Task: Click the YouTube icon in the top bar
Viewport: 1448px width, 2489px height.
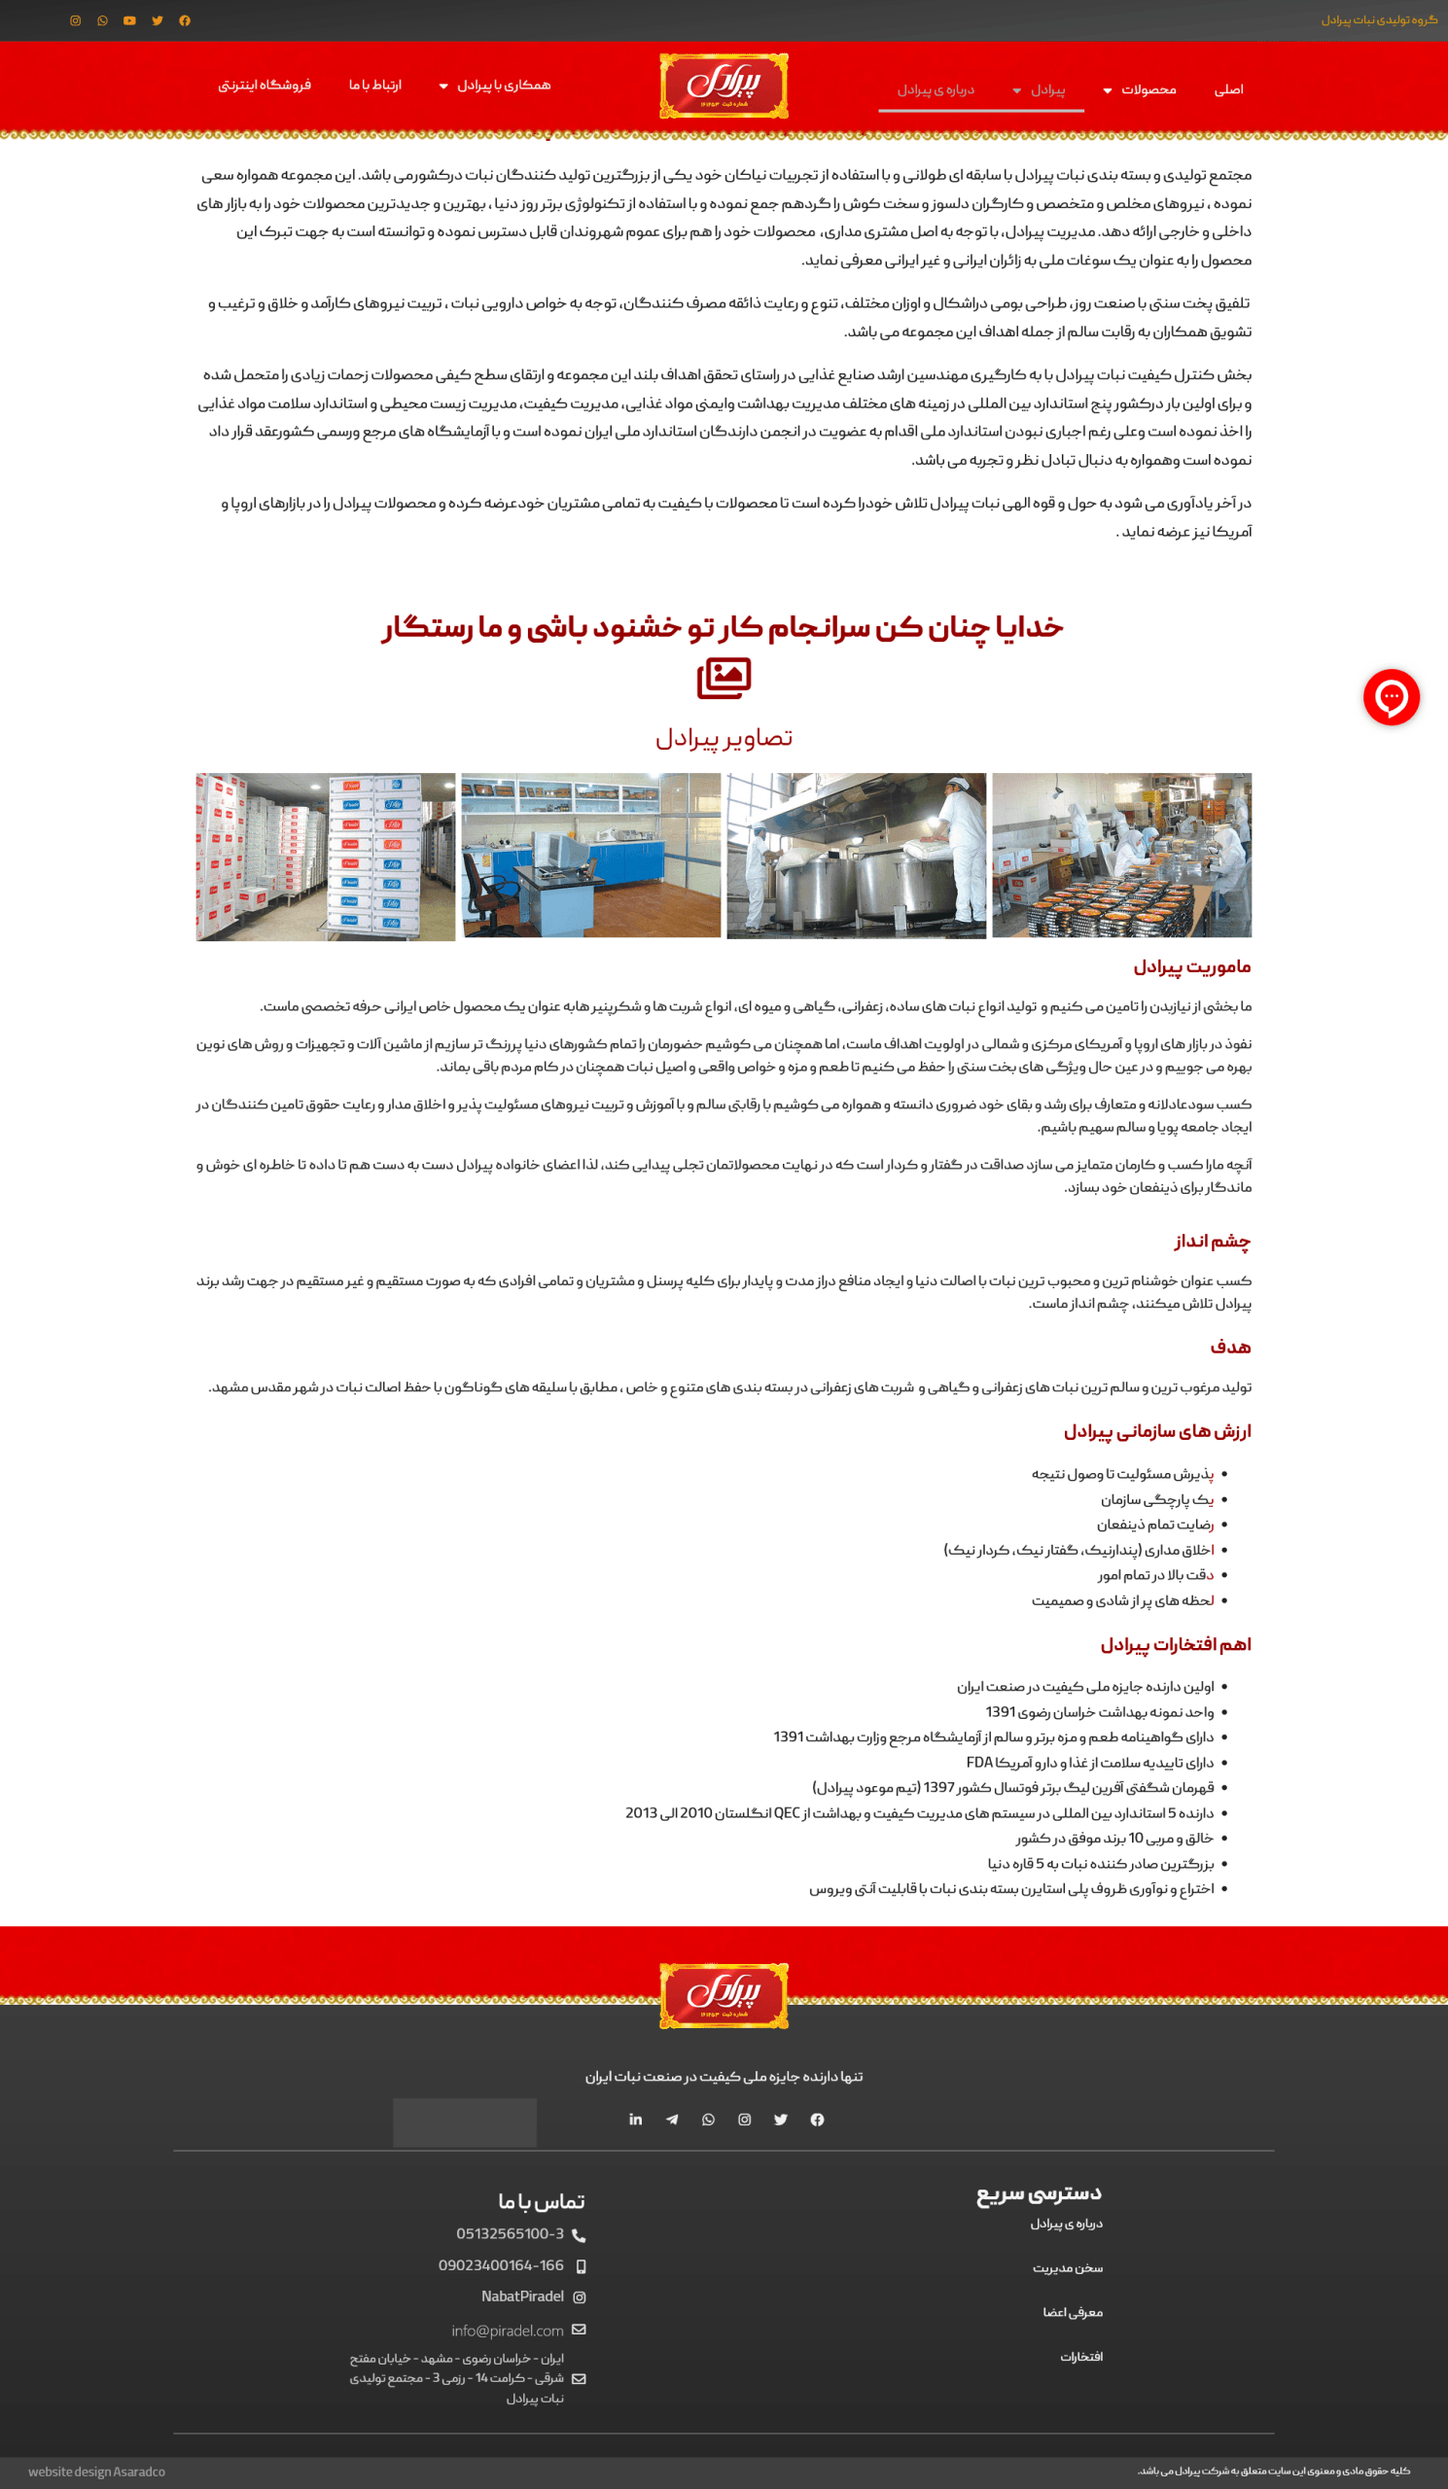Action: click(x=129, y=20)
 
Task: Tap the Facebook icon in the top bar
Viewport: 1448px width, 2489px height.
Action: click(x=185, y=20)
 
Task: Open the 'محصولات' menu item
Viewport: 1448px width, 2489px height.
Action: click(x=1148, y=89)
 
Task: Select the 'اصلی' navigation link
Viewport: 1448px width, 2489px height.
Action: click(x=1228, y=89)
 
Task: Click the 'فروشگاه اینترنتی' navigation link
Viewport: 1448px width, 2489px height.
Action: click(x=265, y=85)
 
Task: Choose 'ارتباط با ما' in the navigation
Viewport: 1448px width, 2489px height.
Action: click(x=375, y=85)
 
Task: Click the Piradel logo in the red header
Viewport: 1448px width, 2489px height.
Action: click(x=724, y=86)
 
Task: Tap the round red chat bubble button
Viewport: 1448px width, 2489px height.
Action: click(x=1391, y=697)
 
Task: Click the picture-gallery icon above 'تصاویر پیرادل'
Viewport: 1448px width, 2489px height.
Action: click(x=724, y=679)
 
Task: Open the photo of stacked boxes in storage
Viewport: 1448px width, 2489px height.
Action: click(x=325, y=857)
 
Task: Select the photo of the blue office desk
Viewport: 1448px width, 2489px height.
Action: click(x=590, y=856)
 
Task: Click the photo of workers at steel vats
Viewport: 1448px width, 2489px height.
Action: click(x=857, y=856)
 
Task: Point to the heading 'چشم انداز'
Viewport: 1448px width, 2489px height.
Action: click(x=1212, y=1241)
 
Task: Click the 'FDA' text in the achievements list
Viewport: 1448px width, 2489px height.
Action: click(x=979, y=1762)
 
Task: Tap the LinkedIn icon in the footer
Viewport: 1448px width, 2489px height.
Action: click(x=635, y=2120)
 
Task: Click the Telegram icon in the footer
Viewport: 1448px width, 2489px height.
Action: click(x=672, y=2120)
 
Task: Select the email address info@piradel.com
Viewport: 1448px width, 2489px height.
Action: click(x=508, y=2330)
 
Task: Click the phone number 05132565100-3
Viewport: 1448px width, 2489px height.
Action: click(x=510, y=2233)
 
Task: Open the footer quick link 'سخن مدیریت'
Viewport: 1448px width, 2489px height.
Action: click(x=1068, y=2267)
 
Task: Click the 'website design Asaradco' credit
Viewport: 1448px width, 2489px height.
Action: click(x=97, y=2471)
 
